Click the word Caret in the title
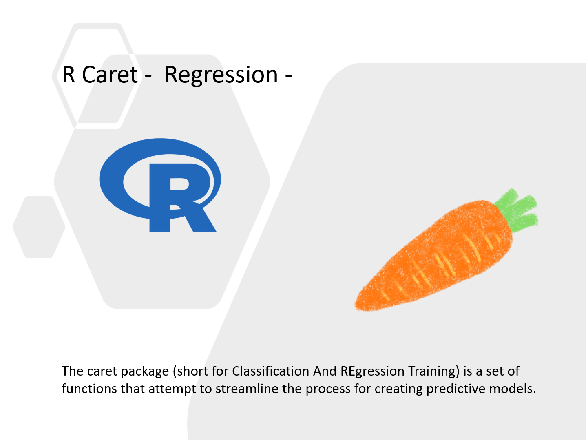pyautogui.click(x=110, y=75)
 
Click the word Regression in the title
pyautogui.click(x=221, y=75)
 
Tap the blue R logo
pyautogui.click(x=160, y=185)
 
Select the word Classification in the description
pyautogui.click(x=271, y=371)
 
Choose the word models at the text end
pyautogui.click(x=510, y=389)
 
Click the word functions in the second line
pyautogui.click(x=89, y=389)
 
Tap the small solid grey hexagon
pyautogui.click(x=39, y=227)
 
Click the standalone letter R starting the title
pyautogui.click(x=69, y=75)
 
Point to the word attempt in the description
pyautogui.click(x=172, y=389)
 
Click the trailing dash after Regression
pyautogui.click(x=289, y=76)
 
